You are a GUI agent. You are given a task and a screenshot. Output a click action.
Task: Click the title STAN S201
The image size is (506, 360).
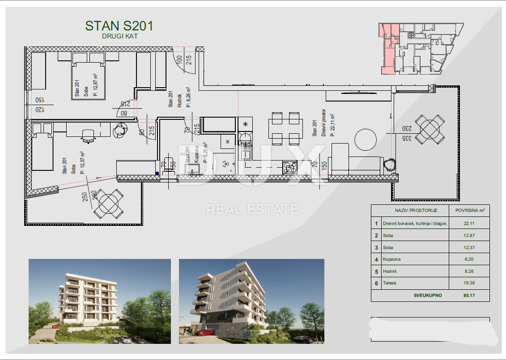119,26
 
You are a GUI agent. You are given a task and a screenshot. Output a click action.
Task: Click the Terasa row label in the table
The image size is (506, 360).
389,283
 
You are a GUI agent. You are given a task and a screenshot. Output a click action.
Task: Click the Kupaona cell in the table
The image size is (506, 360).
392,259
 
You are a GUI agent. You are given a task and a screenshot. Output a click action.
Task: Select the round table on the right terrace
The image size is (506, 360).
429,128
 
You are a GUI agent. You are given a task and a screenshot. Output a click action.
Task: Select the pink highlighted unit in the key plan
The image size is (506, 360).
388,49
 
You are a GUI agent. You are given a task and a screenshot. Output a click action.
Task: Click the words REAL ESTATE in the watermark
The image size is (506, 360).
252,209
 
